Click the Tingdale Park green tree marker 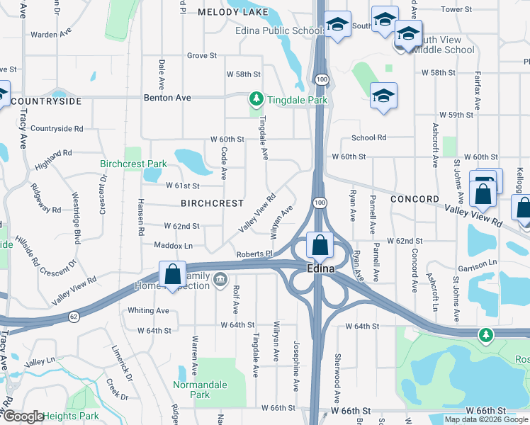coord(255,100)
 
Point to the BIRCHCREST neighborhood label coord(213,203)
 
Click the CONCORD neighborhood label coord(415,200)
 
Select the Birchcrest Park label coord(133,164)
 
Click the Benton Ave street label coord(167,97)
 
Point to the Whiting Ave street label coord(148,310)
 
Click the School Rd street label coord(368,138)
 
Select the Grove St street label coord(202,55)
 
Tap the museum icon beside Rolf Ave coord(220,278)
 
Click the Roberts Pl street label coord(254,254)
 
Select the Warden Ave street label coord(52,34)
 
